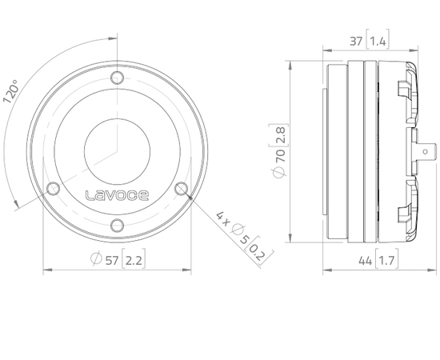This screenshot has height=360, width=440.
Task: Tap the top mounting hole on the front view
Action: (x=118, y=78)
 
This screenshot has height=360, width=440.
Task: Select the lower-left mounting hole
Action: (x=54, y=189)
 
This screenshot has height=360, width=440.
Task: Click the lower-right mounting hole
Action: (x=182, y=189)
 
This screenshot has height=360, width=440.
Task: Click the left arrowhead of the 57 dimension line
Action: (x=45, y=270)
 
